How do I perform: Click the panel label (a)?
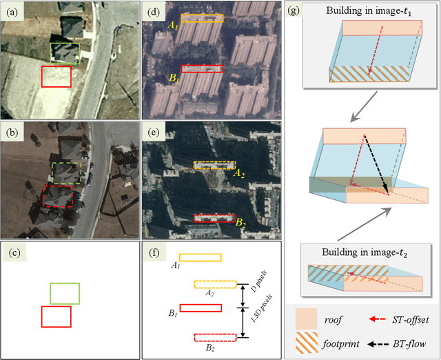click(11, 10)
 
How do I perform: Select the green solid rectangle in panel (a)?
click(64, 54)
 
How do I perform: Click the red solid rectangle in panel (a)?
click(57, 77)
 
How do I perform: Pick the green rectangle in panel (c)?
click(65, 293)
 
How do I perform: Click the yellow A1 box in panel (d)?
click(202, 19)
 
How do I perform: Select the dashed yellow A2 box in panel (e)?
click(214, 166)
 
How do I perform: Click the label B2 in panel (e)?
click(240, 223)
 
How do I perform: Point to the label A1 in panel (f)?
click(176, 265)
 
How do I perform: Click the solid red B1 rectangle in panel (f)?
click(201, 308)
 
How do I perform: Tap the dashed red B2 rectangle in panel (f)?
click(215, 337)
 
